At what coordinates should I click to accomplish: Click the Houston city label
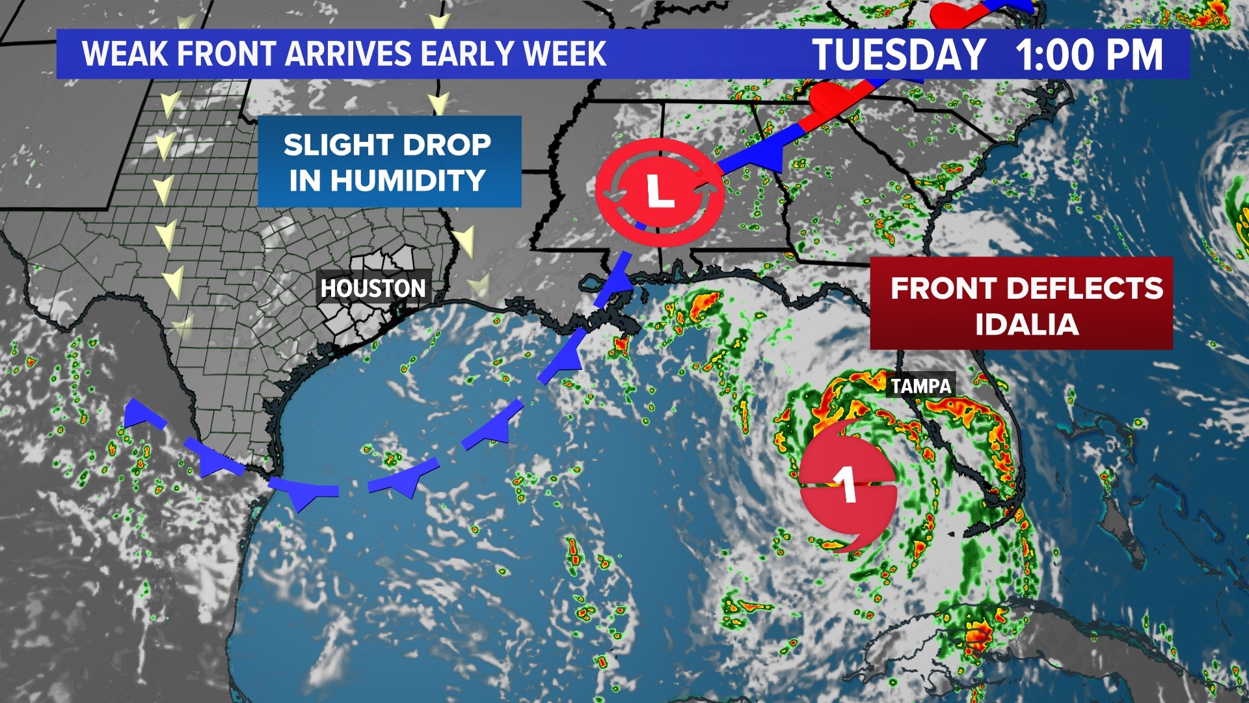click(373, 288)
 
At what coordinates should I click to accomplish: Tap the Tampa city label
click(920, 386)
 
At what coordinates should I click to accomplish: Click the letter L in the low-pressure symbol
click(659, 191)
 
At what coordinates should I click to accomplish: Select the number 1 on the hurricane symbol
click(846, 485)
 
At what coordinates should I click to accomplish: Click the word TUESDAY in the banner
click(899, 55)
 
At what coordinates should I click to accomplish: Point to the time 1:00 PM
click(1089, 55)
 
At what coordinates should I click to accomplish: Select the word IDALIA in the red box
click(1027, 324)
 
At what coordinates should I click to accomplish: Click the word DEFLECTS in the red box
click(1084, 288)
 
